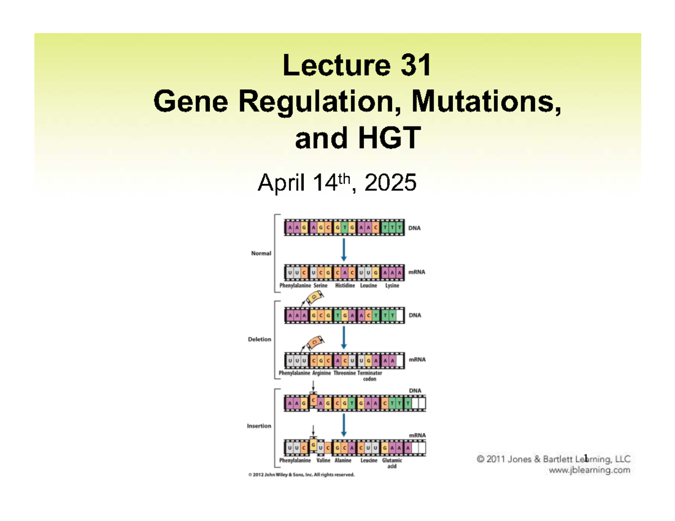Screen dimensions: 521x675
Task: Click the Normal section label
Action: coord(261,253)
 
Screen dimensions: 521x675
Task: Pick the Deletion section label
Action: coord(260,339)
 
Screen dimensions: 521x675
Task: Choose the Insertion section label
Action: coord(259,426)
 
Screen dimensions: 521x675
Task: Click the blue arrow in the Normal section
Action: coord(344,250)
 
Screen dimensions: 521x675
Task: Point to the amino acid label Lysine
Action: coord(392,285)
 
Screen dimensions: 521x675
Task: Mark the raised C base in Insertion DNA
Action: coord(314,400)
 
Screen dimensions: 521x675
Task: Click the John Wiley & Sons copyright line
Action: coord(301,475)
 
